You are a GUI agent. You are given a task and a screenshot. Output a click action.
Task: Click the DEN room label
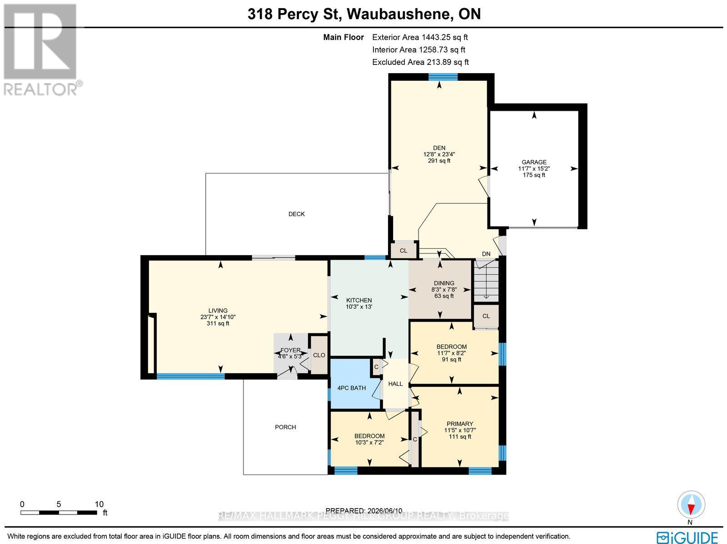439,148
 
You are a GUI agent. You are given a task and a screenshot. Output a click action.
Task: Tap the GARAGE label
534,162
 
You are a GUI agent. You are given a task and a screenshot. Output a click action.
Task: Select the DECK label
296,214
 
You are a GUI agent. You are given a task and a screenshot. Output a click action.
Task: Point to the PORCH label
285,427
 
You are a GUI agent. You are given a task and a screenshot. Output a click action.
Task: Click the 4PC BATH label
351,388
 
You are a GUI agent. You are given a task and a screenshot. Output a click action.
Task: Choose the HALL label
395,384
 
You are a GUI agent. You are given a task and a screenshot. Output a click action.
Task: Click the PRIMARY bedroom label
460,424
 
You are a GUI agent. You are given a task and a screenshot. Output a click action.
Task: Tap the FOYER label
290,350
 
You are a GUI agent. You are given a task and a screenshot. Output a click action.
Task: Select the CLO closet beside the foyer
319,355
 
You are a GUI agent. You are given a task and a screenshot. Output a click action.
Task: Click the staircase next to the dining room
486,281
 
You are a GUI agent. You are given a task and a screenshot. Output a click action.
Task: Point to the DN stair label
486,254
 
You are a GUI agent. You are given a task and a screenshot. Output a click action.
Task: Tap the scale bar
59,513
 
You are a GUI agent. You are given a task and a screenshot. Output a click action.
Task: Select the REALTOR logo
43,50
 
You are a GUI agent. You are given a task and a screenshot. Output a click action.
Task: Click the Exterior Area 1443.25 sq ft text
420,37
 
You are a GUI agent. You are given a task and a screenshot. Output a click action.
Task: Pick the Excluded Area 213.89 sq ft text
420,62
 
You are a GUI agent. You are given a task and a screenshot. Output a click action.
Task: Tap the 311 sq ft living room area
218,323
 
